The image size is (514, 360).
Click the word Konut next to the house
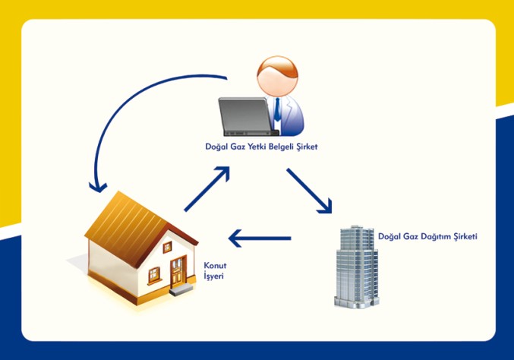215,266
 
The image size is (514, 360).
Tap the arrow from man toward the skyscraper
310,190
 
